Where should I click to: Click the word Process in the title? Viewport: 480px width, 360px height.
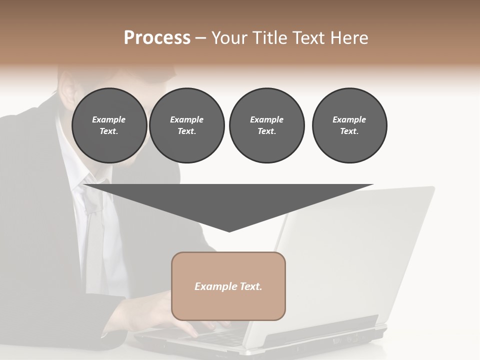click(157, 38)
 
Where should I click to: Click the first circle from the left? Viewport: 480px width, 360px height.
click(109, 125)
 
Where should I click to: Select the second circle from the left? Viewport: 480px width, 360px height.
click(186, 125)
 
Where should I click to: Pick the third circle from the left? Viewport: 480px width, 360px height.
click(266, 125)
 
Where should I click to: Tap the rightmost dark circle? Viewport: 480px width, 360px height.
click(349, 125)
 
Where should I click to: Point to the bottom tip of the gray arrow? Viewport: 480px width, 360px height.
click(229, 231)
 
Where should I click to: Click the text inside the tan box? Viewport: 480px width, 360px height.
click(228, 286)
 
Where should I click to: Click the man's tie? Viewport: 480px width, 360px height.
click(93, 220)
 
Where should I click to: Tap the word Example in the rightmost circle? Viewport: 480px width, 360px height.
click(349, 119)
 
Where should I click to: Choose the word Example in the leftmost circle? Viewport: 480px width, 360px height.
click(109, 119)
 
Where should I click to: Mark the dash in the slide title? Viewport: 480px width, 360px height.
click(201, 38)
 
